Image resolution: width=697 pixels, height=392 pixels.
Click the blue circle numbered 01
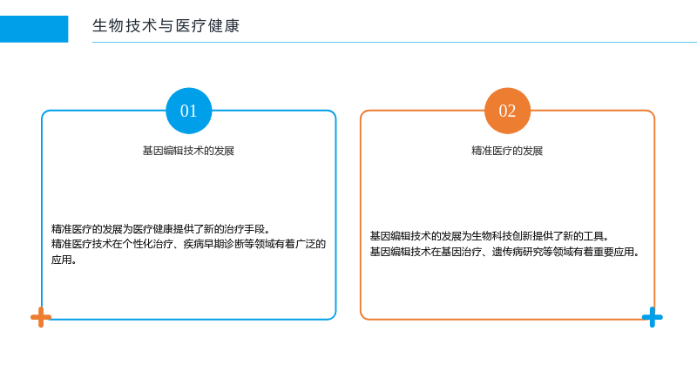(x=188, y=111)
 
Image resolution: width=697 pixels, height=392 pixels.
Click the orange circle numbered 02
(x=507, y=111)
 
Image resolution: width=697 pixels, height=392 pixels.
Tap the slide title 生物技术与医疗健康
(x=166, y=26)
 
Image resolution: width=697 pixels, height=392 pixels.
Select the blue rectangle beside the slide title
(x=34, y=29)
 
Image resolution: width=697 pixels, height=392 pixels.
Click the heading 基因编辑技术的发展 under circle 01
(x=188, y=151)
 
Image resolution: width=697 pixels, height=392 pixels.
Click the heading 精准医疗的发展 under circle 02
(x=507, y=151)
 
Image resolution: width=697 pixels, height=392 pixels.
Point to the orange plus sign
(x=41, y=317)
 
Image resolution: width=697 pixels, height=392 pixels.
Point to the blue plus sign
(x=652, y=317)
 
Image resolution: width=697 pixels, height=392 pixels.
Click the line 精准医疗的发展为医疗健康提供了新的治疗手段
(x=160, y=229)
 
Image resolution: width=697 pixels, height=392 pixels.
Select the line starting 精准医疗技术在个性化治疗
(x=188, y=244)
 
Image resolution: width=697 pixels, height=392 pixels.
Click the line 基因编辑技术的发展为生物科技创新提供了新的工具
(x=490, y=236)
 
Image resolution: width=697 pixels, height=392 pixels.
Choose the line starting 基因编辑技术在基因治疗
(x=504, y=252)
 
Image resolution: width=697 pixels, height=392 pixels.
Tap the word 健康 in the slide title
(x=224, y=26)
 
